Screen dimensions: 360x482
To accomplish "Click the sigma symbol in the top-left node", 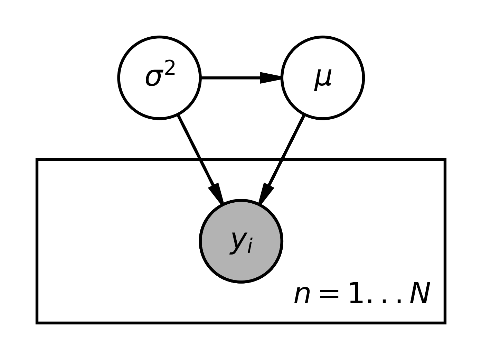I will tap(153, 78).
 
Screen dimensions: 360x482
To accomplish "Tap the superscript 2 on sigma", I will tap(170, 68).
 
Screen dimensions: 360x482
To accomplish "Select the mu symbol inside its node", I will tap(323, 79).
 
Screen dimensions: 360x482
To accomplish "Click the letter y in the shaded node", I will tap(237, 241).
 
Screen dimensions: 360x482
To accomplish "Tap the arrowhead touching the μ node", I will tap(271, 78).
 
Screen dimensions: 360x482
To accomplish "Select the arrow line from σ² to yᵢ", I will tap(193, 148).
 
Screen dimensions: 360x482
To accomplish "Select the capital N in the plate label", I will tap(419, 293).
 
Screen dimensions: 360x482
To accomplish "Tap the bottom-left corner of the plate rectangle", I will tap(37, 323).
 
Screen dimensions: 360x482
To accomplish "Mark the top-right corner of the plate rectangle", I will tap(445, 160).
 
